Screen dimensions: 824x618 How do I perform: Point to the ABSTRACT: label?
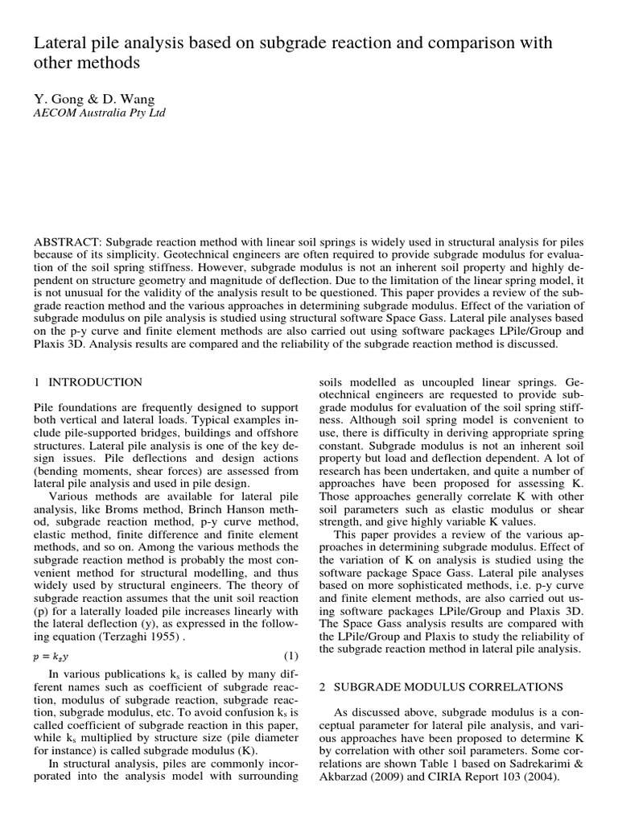67,243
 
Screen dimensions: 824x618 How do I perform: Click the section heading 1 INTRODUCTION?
88,382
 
